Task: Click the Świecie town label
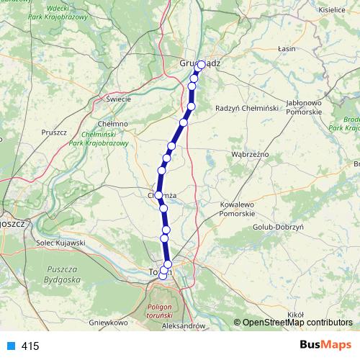(x=117, y=99)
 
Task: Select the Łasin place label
(x=287, y=49)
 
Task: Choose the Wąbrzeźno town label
(x=249, y=154)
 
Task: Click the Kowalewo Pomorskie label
(x=238, y=210)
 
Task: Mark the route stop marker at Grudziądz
(x=201, y=63)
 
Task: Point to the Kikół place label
(x=296, y=315)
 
